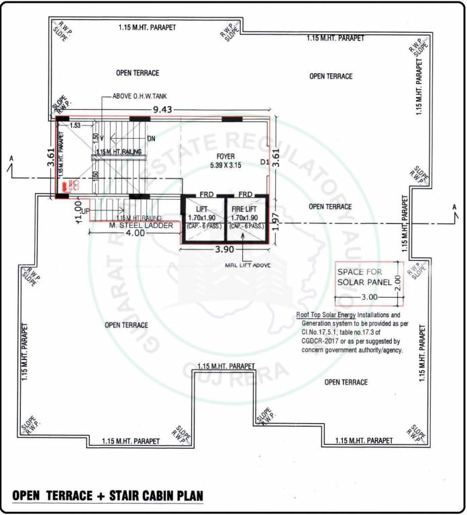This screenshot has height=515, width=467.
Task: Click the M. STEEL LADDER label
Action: [x=141, y=225]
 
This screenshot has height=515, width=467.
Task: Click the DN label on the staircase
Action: [x=151, y=139]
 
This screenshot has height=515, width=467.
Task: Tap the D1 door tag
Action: [x=263, y=162]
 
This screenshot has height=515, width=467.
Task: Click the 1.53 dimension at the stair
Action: [x=75, y=125]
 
